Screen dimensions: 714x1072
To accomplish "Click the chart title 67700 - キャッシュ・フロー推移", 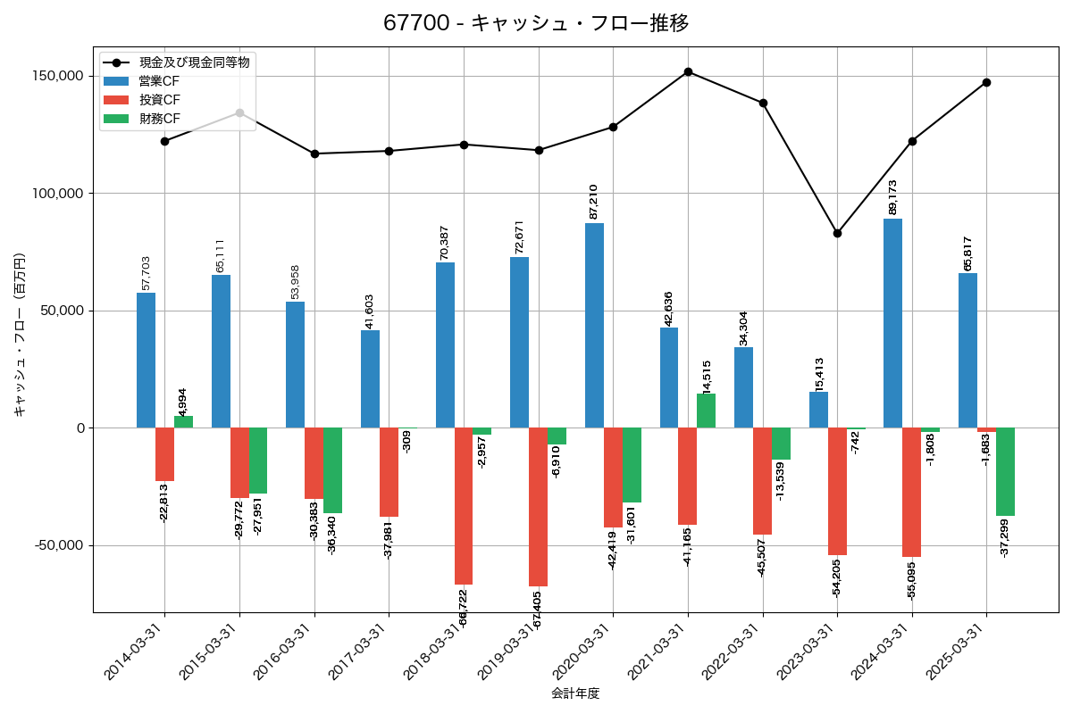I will pos(536,23).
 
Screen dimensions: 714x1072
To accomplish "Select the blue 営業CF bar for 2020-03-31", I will pos(594,325).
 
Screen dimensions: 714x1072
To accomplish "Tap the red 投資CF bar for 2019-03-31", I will pos(538,506).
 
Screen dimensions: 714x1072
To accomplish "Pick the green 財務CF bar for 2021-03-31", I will pos(706,411).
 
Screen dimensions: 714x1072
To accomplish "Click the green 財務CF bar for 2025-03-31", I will pos(1005,471).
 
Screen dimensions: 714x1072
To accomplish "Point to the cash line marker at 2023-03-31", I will pos(837,233).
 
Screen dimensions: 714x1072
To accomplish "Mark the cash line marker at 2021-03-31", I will pos(688,71).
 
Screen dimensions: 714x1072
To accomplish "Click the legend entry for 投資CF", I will pos(159,100).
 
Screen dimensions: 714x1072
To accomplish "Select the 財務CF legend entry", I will pos(159,119).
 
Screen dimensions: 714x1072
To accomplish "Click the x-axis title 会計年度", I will pos(575,693).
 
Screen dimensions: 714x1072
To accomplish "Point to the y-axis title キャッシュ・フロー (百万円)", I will pos(20,335).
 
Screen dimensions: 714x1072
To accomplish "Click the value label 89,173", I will pos(892,197).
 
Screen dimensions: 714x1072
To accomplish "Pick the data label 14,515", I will pos(707,377).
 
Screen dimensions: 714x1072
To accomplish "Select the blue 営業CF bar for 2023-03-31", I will pos(818,410).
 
